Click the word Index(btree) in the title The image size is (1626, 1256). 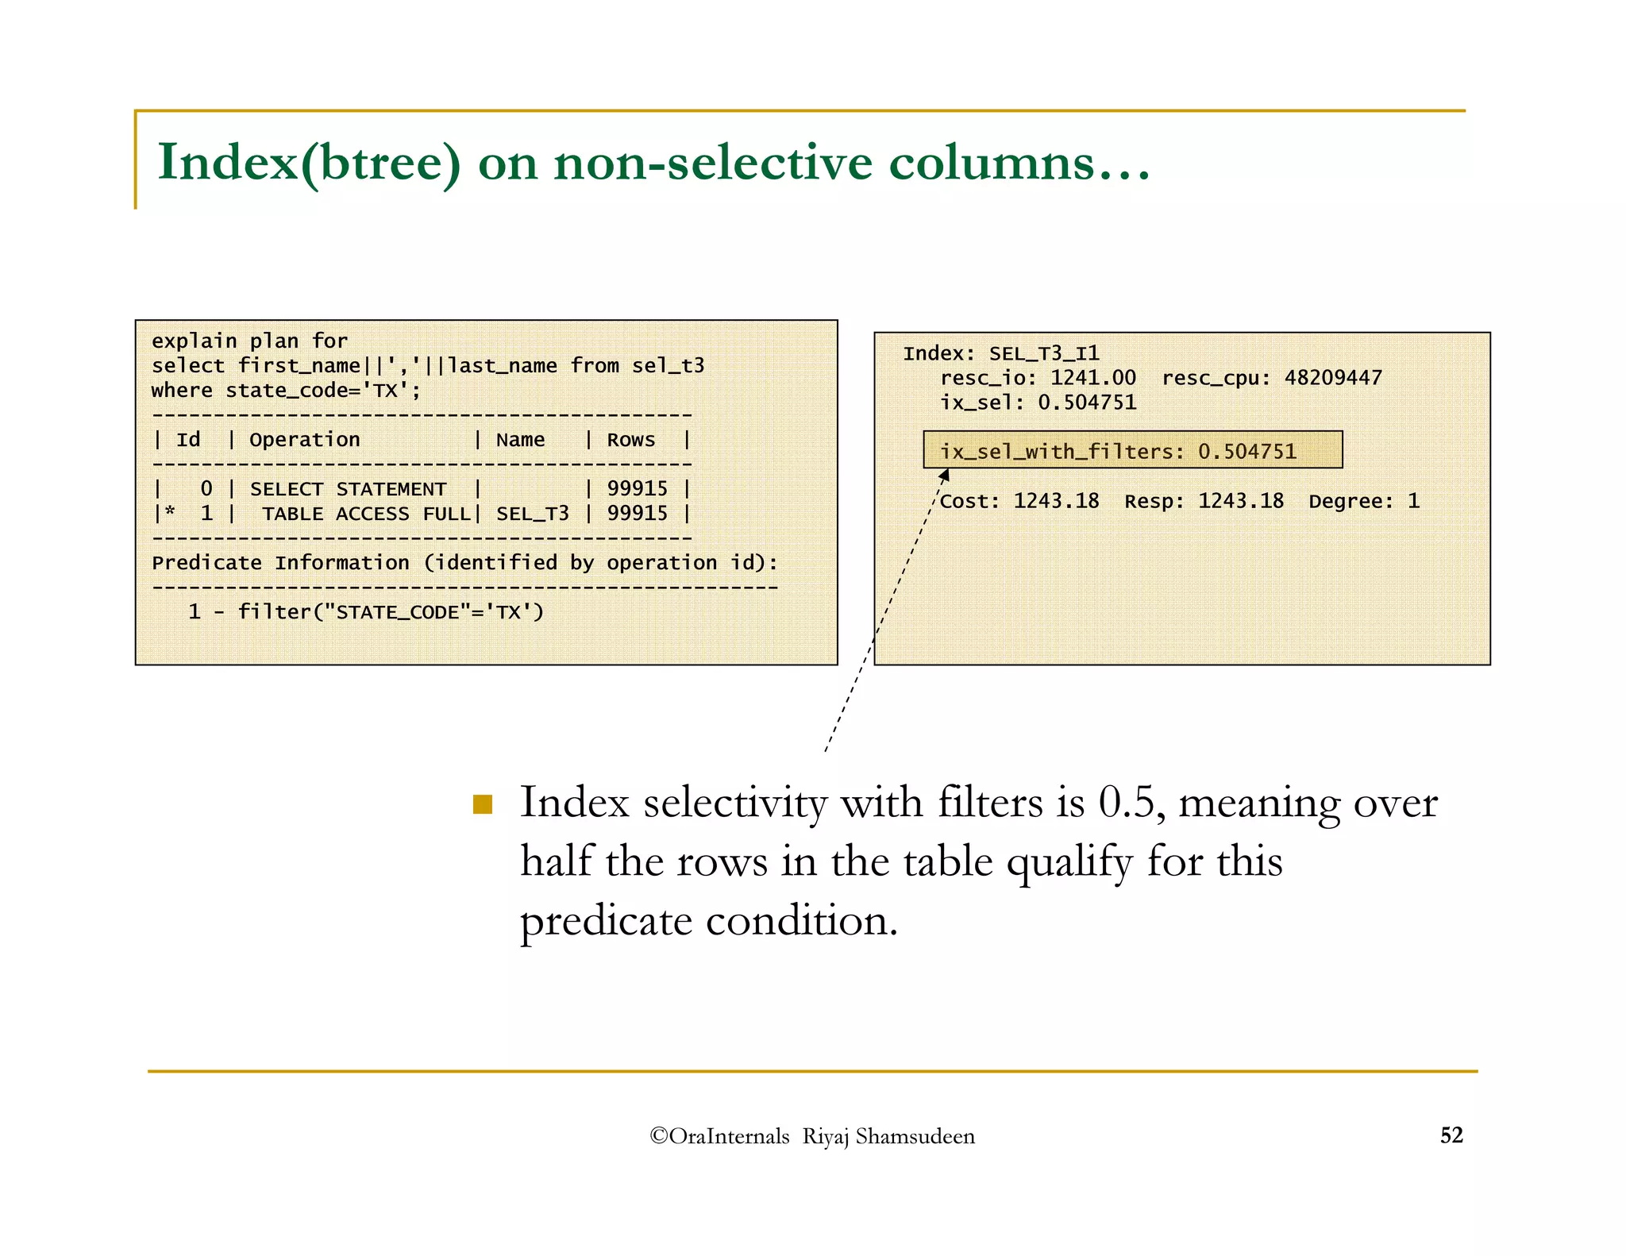coord(309,163)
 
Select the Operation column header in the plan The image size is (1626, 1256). coord(304,440)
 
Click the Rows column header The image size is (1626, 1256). coord(630,440)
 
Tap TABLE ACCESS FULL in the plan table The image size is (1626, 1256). coord(367,514)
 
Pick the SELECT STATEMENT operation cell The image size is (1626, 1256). coord(348,489)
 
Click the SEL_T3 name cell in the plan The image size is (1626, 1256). coord(532,514)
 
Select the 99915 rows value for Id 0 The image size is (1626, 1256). coord(637,489)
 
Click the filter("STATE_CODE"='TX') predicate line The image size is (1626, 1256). coord(391,612)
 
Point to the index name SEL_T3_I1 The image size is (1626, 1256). coord(1043,353)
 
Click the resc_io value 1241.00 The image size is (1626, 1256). coord(1092,378)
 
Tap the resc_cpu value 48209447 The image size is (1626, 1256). coord(1333,378)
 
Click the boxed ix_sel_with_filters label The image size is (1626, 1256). coord(1062,452)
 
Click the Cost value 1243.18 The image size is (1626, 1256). coord(1056,501)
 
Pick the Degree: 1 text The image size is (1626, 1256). coord(1363,501)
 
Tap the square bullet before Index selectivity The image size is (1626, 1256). coord(482,805)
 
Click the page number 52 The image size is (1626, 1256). coord(1451,1135)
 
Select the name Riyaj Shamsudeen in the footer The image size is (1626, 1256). coord(888,1137)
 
